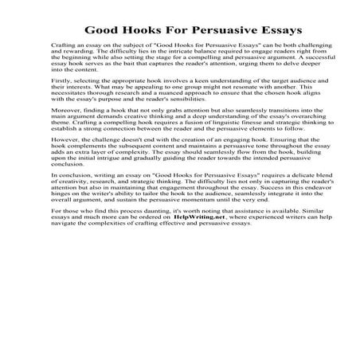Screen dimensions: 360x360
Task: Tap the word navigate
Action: point(59,225)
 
